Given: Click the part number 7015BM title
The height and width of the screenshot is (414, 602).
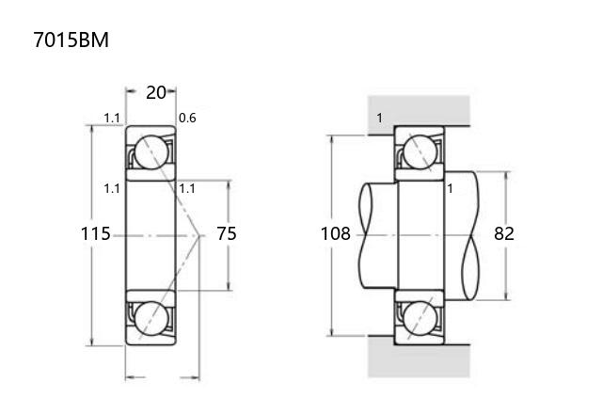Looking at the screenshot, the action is (x=71, y=40).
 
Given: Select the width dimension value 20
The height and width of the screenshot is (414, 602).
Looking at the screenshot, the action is (x=156, y=92).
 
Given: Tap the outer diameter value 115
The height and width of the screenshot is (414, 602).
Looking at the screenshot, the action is (x=96, y=233).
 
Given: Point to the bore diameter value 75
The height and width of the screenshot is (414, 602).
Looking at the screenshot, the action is (x=227, y=233).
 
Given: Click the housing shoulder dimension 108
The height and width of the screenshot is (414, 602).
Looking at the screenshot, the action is (x=336, y=233).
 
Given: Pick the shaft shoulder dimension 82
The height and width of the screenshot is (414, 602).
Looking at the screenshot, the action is (x=504, y=233).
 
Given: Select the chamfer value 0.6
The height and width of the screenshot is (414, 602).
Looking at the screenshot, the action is (x=187, y=118).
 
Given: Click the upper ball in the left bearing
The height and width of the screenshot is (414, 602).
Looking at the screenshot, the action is (x=151, y=152).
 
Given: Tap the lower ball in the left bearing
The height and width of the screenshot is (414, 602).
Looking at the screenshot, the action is (x=151, y=318).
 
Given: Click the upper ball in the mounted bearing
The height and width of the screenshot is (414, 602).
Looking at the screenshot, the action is (x=420, y=152).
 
